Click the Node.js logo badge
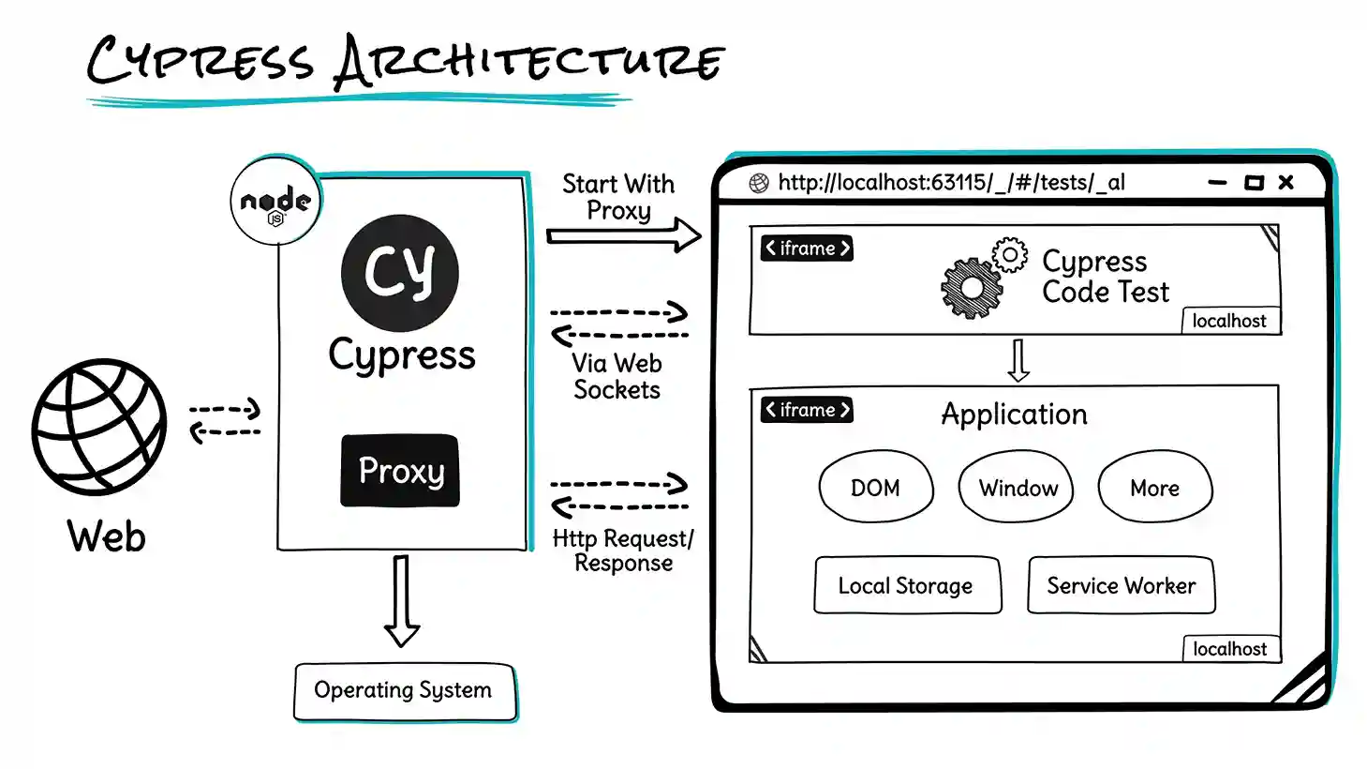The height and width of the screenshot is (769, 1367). pos(275,202)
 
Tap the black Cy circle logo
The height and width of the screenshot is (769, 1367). pos(400,273)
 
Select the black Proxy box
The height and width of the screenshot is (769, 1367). pos(400,471)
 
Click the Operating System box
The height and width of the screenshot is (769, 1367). pos(404,691)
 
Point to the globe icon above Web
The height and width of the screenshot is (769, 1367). pos(99,427)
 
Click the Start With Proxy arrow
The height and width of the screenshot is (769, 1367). pos(623,235)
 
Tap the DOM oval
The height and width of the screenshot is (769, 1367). pos(876,488)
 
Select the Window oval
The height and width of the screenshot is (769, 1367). pos(1017,488)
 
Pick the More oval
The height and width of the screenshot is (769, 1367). pos(1154,488)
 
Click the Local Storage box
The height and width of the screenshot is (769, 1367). pos(906,586)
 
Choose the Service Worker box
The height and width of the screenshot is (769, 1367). pos(1121,586)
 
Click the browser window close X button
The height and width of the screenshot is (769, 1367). pos(1285,182)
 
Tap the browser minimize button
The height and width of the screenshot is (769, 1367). pos(1217,183)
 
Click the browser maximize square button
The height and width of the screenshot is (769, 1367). pos(1253,183)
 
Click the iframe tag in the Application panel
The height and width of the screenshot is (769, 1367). pos(807,410)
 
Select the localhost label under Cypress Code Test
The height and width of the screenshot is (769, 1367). pos(1228,321)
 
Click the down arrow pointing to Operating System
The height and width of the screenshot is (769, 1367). pos(402,600)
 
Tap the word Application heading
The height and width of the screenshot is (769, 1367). pos(1014,415)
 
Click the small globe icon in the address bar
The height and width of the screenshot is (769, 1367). pos(759,183)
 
